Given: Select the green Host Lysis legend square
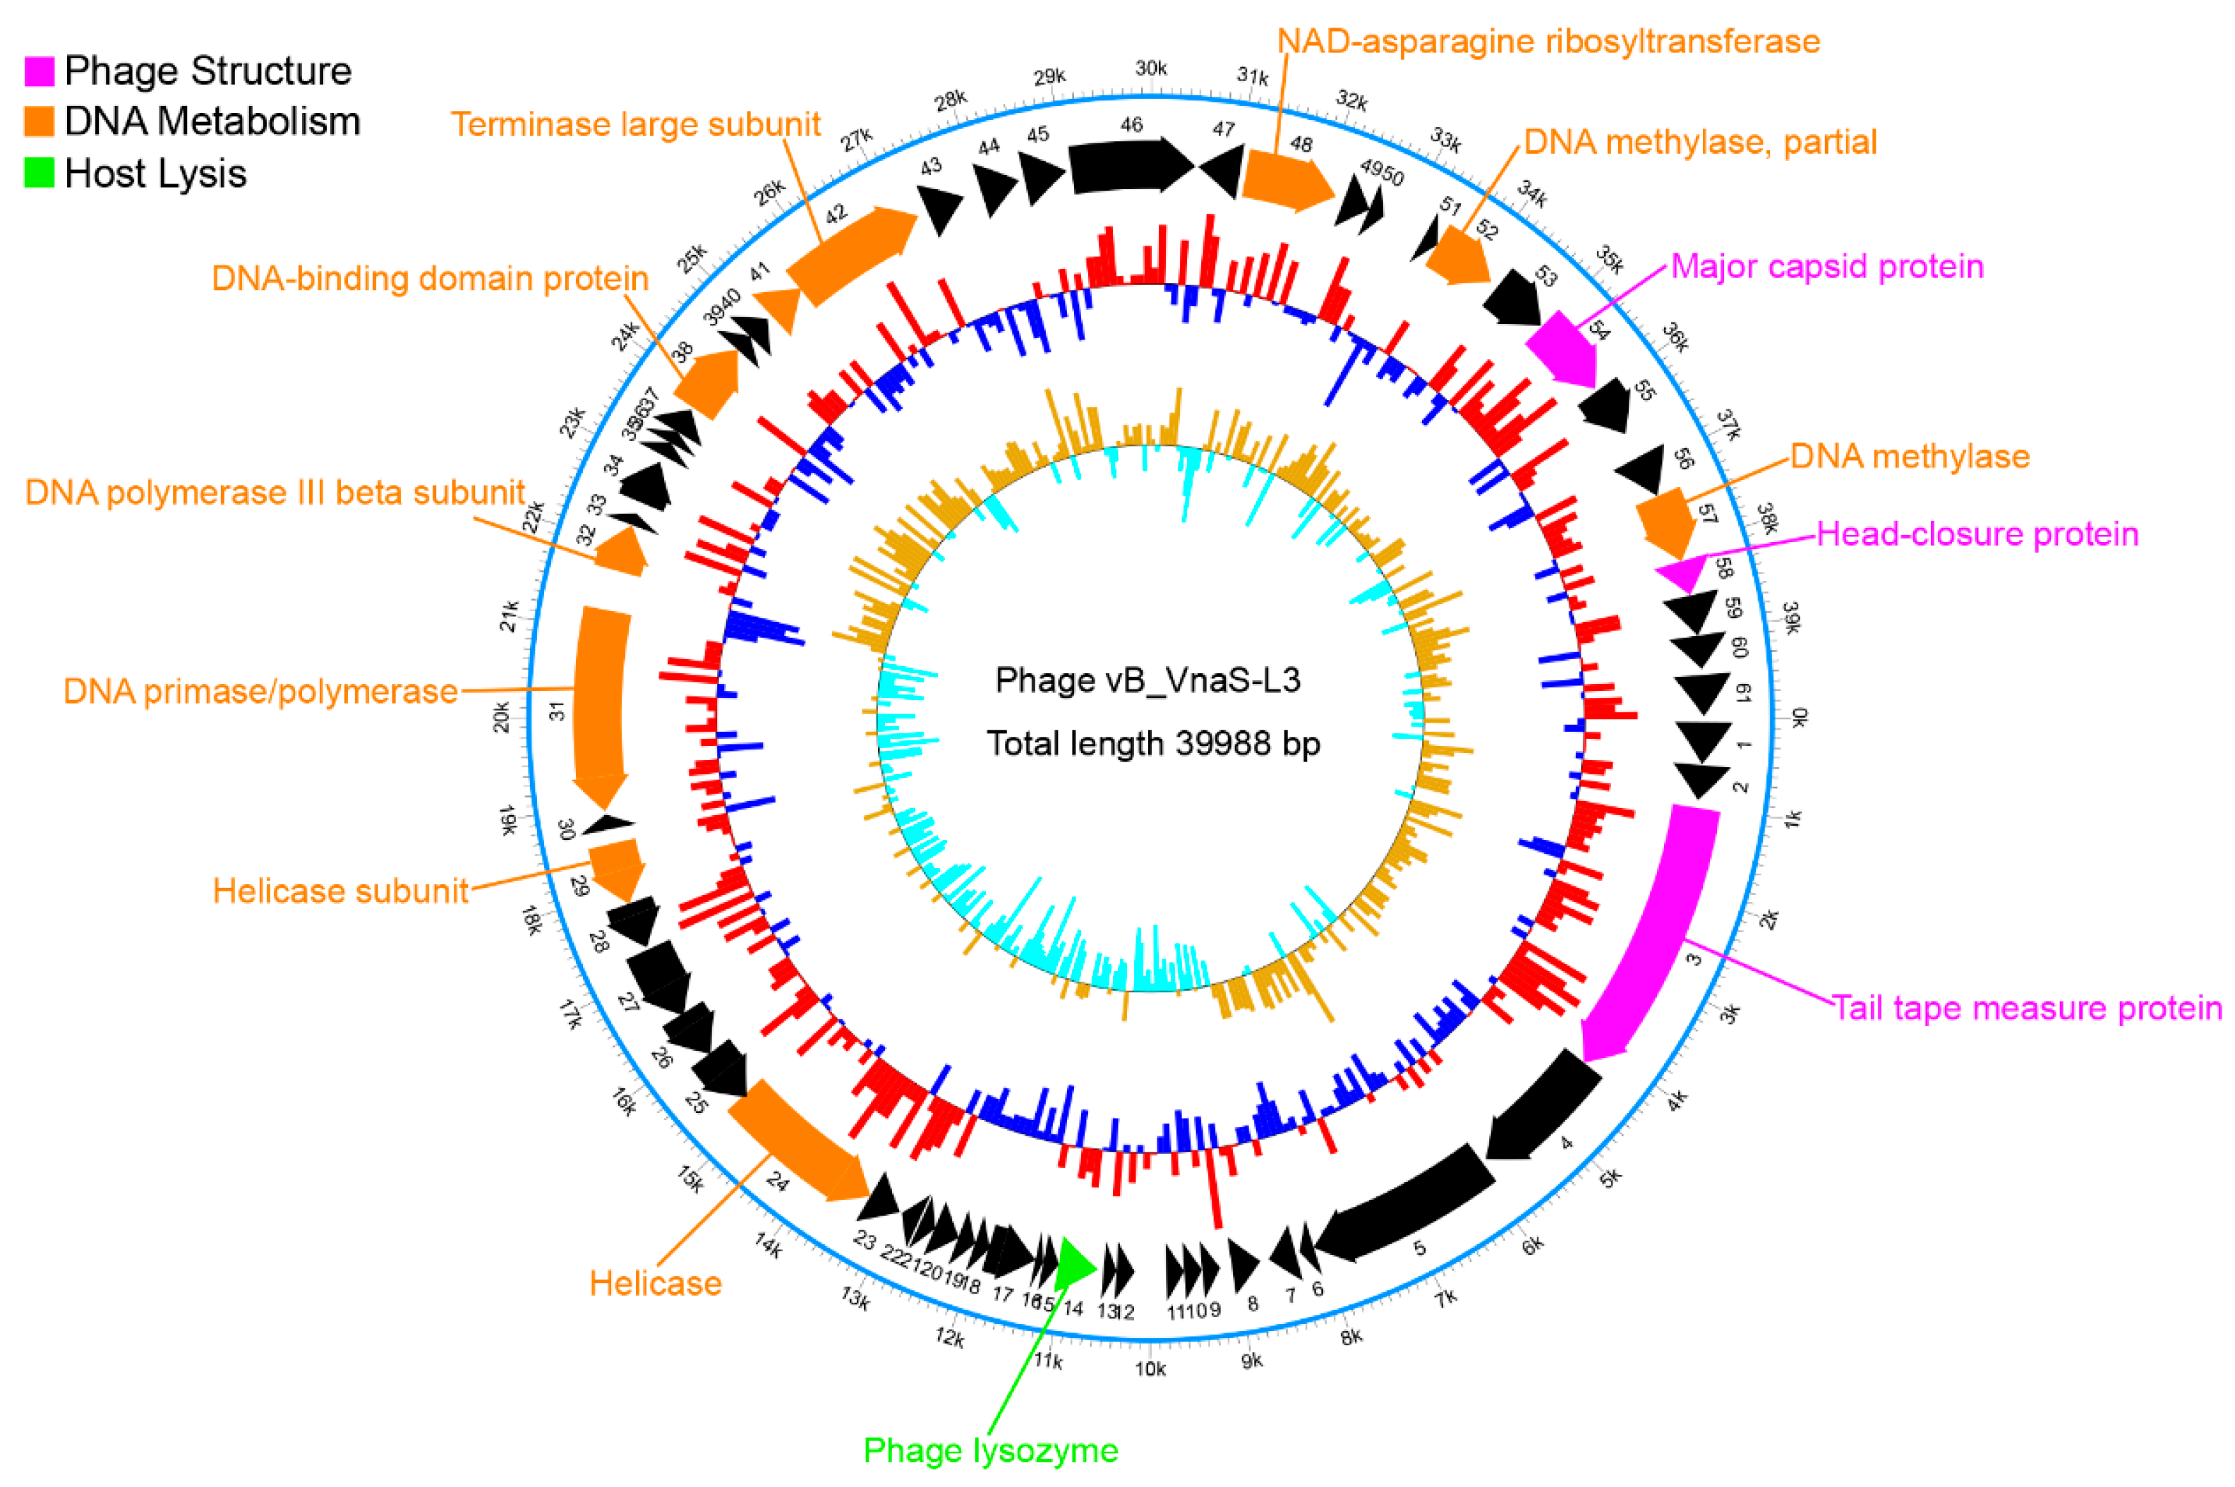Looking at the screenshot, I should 39,173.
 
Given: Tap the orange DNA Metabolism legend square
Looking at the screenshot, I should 39,121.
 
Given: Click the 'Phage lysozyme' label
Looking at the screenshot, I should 990,1451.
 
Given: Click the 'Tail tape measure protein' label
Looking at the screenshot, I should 2026,1007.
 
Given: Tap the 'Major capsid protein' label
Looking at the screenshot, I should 1826,267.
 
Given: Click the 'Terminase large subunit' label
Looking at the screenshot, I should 634,124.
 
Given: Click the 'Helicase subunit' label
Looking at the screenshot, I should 340,891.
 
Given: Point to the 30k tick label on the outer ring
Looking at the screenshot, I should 1150,68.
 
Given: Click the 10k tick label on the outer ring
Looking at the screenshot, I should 1150,1368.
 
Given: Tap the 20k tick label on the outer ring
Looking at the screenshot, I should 500,717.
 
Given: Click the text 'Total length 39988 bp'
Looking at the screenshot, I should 1153,742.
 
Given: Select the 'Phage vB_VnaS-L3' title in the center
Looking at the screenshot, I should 1147,680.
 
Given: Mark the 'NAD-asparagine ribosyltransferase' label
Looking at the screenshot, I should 1548,42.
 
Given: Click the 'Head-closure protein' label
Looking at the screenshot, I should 1977,534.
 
